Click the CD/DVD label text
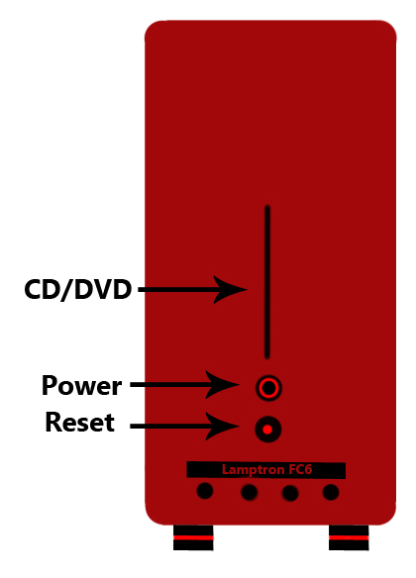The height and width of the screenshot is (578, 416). (78, 289)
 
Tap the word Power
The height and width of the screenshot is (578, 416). (81, 386)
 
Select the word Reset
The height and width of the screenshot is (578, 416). (79, 422)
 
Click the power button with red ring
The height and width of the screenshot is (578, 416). (268, 388)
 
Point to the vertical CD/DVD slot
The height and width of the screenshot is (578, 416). (267, 282)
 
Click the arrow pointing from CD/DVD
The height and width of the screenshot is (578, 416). (192, 290)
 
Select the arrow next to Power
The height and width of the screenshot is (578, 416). (185, 385)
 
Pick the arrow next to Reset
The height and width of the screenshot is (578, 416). (185, 427)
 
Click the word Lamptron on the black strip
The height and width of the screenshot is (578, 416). (253, 469)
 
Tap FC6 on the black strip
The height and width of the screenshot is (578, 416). (300, 469)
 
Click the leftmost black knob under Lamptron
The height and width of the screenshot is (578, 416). (205, 491)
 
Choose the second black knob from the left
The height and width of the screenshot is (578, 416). (250, 492)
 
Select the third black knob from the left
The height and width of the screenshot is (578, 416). (290, 493)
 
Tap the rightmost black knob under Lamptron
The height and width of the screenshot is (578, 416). (331, 492)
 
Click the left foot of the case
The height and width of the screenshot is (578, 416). (193, 537)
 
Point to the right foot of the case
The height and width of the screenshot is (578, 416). (349, 537)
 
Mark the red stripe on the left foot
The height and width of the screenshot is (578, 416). (193, 537)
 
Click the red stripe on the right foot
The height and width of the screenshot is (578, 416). (349, 537)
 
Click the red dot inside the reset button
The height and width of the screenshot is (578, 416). (267, 430)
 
